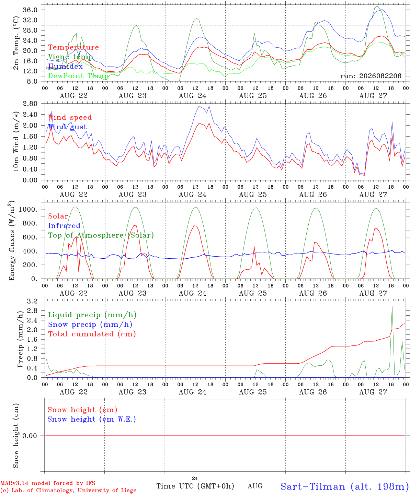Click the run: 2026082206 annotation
click(371, 76)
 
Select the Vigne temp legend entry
click(70, 57)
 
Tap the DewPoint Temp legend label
click(78, 76)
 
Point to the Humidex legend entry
click(65, 66)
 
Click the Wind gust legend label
click(68, 127)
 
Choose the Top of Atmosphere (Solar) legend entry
click(101, 235)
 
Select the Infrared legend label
click(64, 225)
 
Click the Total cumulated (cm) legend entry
click(92, 334)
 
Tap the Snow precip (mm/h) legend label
click(90, 325)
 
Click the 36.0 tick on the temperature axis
click(30, 10)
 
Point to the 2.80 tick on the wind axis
click(30, 104)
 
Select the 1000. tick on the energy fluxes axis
click(28, 209)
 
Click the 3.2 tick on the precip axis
click(32, 301)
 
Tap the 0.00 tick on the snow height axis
click(30, 436)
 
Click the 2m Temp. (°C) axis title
click(16, 43)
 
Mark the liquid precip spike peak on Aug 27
click(392, 306)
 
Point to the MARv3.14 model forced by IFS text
click(48, 483)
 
